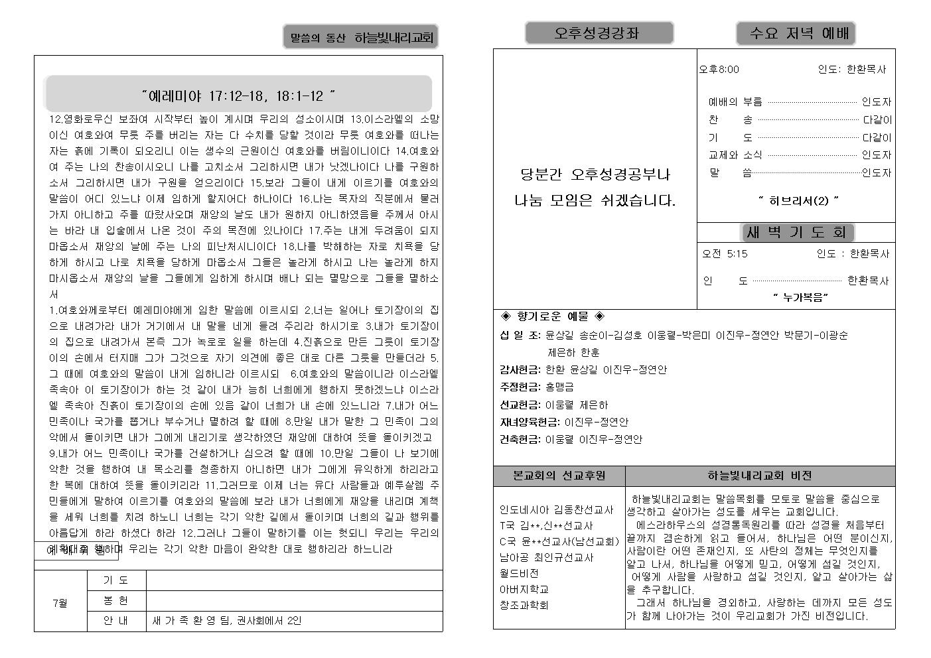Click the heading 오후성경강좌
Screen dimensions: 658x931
pos(599,33)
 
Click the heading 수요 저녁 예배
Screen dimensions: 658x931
pos(795,33)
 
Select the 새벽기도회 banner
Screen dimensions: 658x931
pos(796,232)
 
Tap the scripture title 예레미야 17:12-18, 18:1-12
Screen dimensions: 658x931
pos(238,96)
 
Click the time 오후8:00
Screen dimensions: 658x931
pos(719,69)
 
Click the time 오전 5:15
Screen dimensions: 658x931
pos(725,253)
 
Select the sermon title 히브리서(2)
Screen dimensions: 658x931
pos(798,201)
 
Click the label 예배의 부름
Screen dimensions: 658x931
pos(735,101)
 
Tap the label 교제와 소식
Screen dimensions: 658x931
pos(735,155)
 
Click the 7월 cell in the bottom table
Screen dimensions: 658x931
pos(60,603)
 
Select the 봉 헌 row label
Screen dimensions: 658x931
pos(115,600)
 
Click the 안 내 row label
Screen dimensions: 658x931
pos(115,621)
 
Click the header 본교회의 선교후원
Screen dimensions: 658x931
pos(559,476)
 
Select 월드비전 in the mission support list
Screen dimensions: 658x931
pos(519,573)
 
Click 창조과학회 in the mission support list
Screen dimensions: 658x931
pos(524,605)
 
